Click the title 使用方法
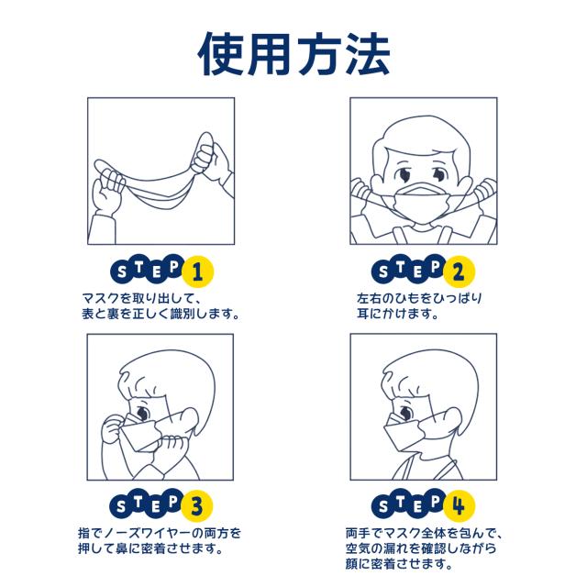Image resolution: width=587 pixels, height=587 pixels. [294, 54]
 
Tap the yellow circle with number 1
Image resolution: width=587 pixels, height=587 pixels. [197, 271]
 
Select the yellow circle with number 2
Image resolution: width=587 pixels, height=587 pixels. [459, 271]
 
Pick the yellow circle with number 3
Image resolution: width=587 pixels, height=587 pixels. [197, 505]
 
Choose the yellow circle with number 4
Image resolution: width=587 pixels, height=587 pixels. [459, 505]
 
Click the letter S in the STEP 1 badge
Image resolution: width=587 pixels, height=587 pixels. [122, 271]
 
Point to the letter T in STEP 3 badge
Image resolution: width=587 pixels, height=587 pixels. [138, 502]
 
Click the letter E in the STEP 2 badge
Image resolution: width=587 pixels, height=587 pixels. [417, 273]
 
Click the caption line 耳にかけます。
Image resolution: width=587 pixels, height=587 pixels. [397, 314]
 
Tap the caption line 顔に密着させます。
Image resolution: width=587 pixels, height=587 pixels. [399, 564]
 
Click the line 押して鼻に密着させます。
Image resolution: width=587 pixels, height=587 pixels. [150, 548]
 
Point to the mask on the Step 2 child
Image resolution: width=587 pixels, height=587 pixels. [422, 203]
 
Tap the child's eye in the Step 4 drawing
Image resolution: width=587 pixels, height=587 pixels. [405, 414]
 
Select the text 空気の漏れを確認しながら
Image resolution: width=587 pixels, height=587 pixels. [421, 548]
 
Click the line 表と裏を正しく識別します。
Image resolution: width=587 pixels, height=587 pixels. [161, 314]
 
